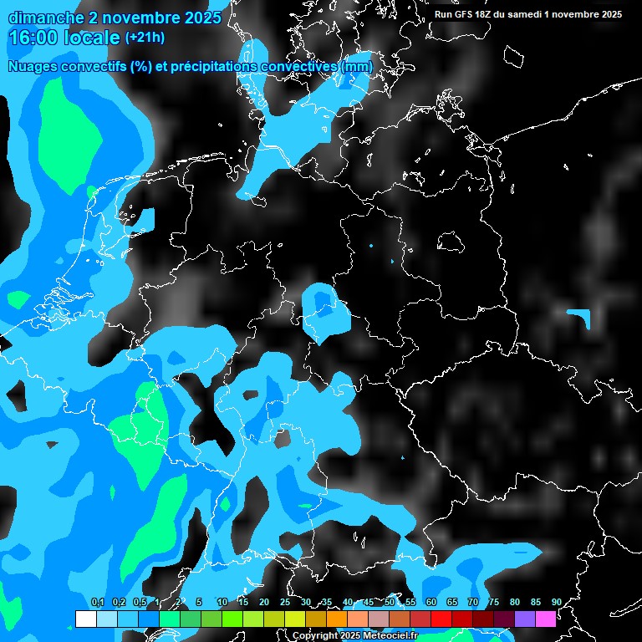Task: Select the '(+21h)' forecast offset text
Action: coord(145,38)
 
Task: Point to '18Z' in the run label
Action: coord(487,14)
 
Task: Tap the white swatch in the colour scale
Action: coord(85,619)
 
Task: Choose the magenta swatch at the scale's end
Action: coord(545,619)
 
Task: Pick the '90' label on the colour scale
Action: coord(556,602)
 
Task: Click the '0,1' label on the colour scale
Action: coord(97,602)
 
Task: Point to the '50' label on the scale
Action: coord(390,602)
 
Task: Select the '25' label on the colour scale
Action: coord(285,602)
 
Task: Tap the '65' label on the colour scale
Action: coord(452,602)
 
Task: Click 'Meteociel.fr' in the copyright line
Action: coord(390,636)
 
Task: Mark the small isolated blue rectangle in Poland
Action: coord(578,315)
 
